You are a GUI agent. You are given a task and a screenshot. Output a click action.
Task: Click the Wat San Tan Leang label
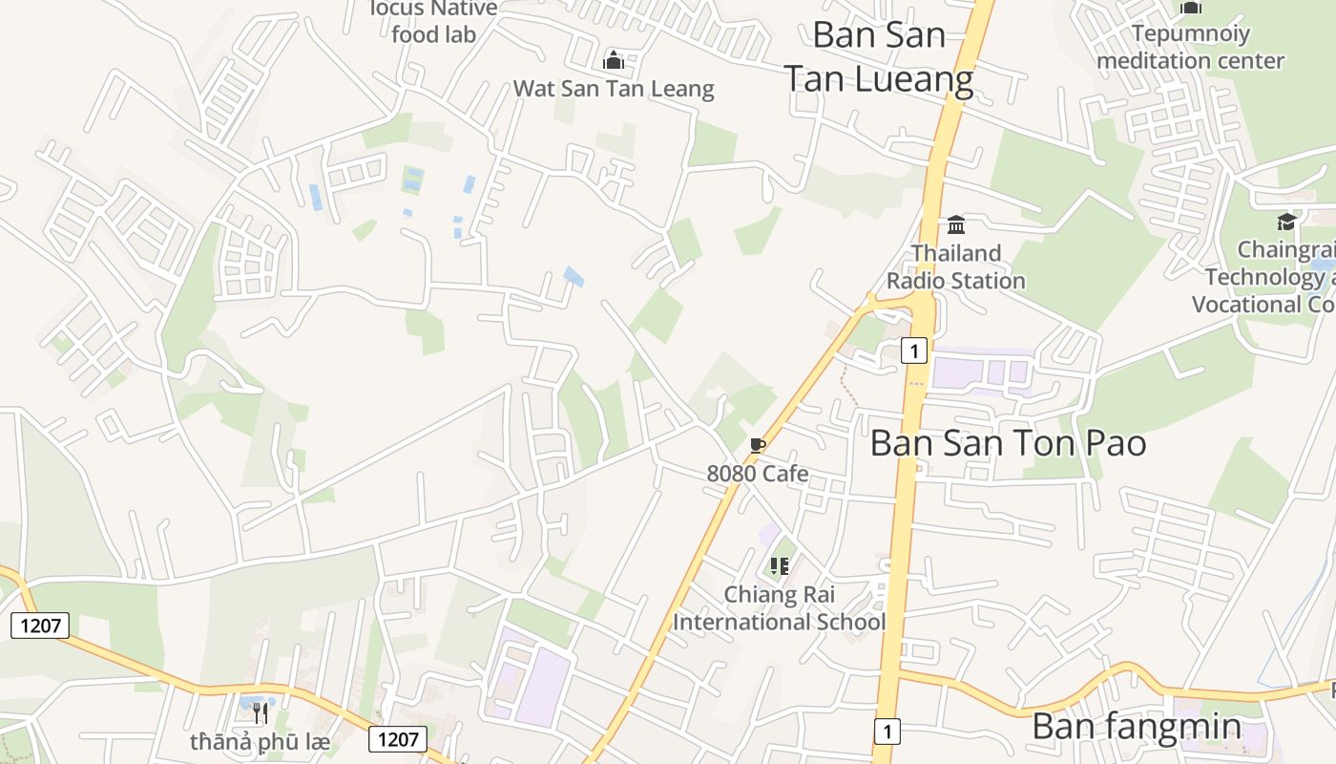pyautogui.click(x=613, y=89)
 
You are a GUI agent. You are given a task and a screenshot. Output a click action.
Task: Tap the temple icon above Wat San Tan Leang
pyautogui.click(x=613, y=61)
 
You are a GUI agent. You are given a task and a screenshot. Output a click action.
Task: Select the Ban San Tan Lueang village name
pyautogui.click(x=879, y=56)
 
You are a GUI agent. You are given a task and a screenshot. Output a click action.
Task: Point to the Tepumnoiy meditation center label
pyautogui.click(x=1190, y=47)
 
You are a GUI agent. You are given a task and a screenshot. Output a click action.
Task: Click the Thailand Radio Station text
pyautogui.click(x=955, y=266)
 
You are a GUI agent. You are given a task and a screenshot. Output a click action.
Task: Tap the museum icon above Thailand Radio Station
pyautogui.click(x=955, y=224)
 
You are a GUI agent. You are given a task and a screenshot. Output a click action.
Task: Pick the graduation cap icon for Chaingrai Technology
pyautogui.click(x=1286, y=223)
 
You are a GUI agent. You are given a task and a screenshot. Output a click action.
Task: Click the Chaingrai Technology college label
pyautogui.click(x=1269, y=277)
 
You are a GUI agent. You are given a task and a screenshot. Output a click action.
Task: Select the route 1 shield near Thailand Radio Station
pyautogui.click(x=913, y=351)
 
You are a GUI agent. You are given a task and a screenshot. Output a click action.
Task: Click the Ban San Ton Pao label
pyautogui.click(x=1008, y=443)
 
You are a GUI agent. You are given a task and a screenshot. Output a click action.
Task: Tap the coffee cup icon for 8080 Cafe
pyautogui.click(x=758, y=446)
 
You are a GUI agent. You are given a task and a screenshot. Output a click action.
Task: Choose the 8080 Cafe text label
pyautogui.click(x=758, y=473)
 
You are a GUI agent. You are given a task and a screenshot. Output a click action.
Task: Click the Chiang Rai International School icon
pyautogui.click(x=780, y=565)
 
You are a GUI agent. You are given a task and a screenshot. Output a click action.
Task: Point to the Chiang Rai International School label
pyautogui.click(x=779, y=608)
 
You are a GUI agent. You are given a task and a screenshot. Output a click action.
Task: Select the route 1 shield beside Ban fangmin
pyautogui.click(x=887, y=732)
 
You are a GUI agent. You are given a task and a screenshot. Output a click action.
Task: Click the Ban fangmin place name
pyautogui.click(x=1136, y=727)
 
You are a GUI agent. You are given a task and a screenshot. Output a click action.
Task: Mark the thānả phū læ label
pyautogui.click(x=259, y=741)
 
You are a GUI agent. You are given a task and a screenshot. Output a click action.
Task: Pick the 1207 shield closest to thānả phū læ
pyautogui.click(x=397, y=738)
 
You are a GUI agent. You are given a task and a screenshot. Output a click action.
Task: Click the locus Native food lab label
pyautogui.click(x=434, y=22)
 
